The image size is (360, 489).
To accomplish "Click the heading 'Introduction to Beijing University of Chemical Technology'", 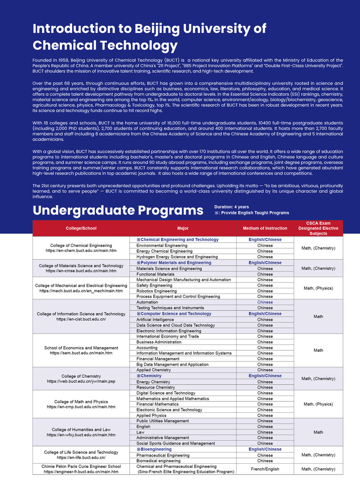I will point(150,37).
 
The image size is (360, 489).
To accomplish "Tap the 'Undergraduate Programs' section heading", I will point(118,210).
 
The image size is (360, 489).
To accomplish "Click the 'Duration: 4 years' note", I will point(232,207).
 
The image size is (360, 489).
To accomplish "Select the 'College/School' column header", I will point(81,228).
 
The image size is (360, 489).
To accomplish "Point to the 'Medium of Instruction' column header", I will point(264,228).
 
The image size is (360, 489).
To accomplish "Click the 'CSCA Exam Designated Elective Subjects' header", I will point(318,228).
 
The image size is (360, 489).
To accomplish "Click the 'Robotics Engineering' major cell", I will point(156,291).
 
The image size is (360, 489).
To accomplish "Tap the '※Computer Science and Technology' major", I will point(173,314).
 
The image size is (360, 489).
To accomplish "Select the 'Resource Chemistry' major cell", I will point(155,387).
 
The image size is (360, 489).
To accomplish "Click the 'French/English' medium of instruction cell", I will point(264,469).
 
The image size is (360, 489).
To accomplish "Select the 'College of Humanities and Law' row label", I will point(81,430).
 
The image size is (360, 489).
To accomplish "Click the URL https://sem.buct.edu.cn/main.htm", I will point(81,353).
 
